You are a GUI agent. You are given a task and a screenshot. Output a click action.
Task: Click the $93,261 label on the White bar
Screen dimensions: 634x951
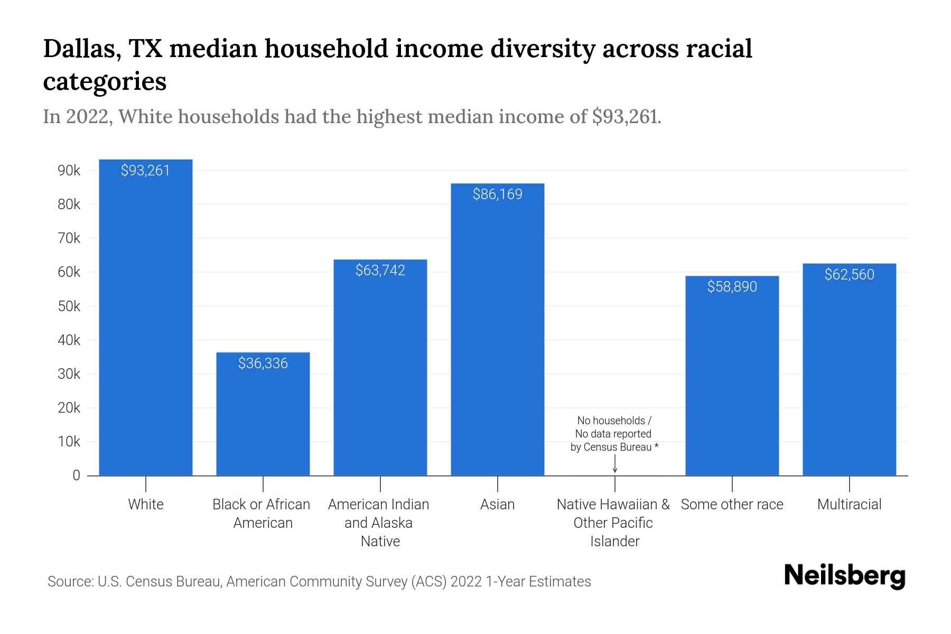[145, 170]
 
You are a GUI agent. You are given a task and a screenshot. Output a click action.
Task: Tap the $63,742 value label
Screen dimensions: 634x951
[380, 271]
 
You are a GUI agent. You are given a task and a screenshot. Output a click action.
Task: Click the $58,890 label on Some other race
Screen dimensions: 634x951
[732, 286]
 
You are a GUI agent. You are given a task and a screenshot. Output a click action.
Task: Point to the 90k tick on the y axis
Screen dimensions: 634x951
[69, 171]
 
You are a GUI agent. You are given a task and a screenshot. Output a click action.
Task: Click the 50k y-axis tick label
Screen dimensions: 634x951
[69, 306]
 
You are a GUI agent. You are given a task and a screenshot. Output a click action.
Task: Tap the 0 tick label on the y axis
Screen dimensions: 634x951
[76, 475]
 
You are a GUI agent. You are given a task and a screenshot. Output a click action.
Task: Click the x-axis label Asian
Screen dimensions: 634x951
[497, 505]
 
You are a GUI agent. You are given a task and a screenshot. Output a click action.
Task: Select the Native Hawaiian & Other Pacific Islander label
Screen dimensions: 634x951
[613, 523]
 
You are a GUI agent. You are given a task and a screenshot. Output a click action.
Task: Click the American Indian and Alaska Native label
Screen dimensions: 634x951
[379, 523]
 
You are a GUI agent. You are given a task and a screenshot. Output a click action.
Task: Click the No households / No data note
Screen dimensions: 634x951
[614, 434]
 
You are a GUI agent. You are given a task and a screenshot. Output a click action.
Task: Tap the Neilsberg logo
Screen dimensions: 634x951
[844, 575]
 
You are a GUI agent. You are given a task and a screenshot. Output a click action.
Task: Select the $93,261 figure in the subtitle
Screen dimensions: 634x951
[625, 116]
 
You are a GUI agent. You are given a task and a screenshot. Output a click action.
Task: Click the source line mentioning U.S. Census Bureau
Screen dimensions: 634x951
[319, 582]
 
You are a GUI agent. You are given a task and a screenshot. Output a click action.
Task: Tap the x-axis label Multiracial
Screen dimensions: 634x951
[849, 505]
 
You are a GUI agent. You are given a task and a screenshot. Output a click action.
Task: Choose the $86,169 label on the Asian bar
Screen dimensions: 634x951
[497, 194]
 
